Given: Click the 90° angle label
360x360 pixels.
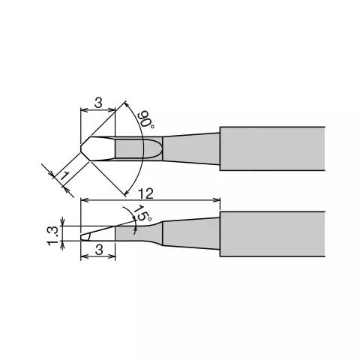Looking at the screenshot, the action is point(146,119).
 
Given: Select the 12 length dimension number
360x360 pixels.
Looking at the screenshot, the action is point(145,193).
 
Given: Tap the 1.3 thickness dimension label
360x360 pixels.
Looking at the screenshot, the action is point(53,235).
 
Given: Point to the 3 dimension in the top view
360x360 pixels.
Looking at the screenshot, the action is point(98,103).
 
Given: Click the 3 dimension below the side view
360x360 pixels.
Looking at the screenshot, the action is point(99,250).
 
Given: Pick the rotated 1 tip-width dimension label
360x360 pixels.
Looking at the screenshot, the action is point(64,175).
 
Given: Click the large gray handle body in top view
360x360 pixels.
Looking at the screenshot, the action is point(272,148).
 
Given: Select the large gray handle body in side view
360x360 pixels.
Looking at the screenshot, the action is point(272,234).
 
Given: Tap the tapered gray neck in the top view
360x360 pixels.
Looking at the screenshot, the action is point(191,148).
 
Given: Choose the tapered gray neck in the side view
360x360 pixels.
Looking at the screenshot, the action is point(191,233).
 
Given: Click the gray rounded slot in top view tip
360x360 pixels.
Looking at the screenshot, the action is point(137,148).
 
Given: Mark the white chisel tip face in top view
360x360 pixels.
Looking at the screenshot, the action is point(98,148).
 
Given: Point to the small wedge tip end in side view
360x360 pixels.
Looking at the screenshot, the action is point(85,237).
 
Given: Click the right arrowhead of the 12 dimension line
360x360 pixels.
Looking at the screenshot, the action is point(217,199).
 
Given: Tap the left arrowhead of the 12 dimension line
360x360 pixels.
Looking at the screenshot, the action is point(85,199).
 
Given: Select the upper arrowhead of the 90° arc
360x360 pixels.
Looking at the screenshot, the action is point(127,104).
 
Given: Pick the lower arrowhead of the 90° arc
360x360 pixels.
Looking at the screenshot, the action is point(127,192).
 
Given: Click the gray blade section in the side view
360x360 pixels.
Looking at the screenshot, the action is point(139,233).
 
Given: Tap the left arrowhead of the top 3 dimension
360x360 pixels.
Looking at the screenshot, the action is point(85,109).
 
